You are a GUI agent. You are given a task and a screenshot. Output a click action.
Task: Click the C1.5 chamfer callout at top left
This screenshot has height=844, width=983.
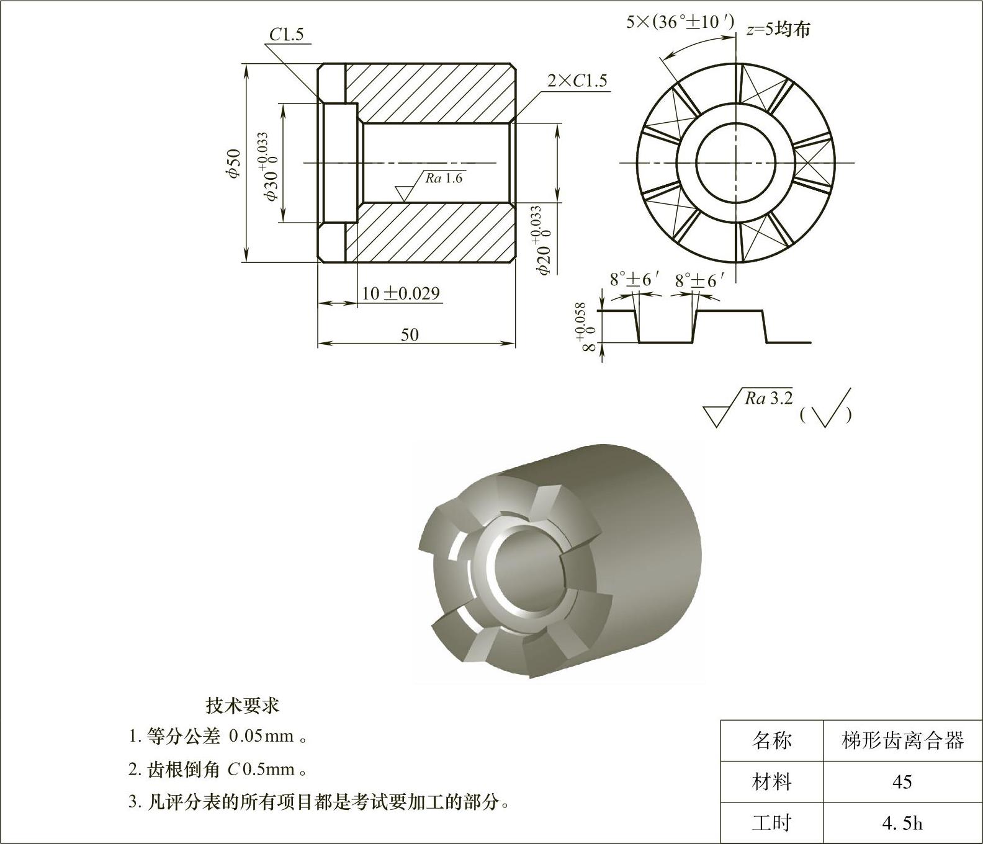point(286,35)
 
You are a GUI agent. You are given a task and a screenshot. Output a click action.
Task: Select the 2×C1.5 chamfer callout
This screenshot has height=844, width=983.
point(577,81)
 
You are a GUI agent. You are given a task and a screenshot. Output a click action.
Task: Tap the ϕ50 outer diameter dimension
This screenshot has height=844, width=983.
point(233,164)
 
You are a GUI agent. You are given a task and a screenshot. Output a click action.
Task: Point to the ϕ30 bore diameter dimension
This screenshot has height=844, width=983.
point(271,166)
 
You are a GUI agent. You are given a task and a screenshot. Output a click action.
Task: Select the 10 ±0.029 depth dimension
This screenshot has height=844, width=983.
point(400,293)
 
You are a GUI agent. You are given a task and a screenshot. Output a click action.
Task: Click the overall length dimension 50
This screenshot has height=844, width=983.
point(410,335)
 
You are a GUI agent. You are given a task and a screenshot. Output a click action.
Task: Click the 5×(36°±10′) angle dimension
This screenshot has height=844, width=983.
point(680,23)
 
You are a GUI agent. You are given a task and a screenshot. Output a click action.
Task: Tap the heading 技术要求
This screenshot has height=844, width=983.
point(243,705)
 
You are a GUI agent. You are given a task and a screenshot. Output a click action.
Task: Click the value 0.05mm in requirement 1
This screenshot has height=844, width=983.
point(261,737)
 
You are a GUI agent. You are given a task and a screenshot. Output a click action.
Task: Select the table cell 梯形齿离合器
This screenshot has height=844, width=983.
point(902,740)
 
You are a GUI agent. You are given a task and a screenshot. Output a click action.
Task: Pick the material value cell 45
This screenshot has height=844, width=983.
point(902,782)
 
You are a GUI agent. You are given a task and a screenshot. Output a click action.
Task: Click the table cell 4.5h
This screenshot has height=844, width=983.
point(902,823)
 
